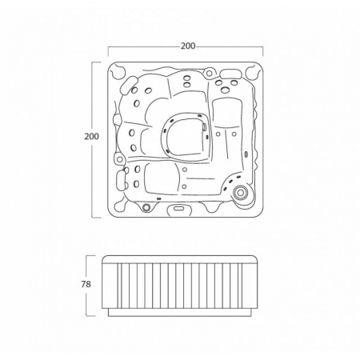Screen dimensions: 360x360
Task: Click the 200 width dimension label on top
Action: pos(188,46)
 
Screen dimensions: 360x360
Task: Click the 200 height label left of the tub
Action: pos(91,136)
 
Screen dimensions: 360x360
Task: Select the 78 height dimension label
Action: pos(86,284)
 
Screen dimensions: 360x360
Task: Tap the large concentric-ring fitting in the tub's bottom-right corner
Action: pos(240,193)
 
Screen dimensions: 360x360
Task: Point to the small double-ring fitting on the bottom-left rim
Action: pos(146,207)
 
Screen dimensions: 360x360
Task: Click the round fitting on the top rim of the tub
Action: pos(210,73)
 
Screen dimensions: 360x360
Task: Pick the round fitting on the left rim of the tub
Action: pos(119,159)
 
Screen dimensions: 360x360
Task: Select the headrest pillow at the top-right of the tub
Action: pos(230,74)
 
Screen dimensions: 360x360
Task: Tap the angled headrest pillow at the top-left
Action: pos(128,86)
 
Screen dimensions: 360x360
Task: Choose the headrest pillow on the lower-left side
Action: pos(121,181)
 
